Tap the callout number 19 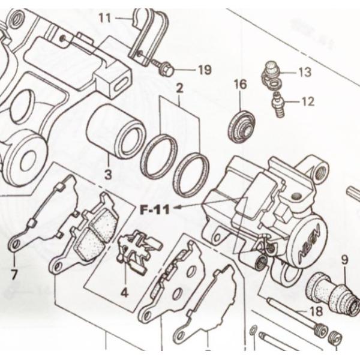pyautogui.click(x=204, y=71)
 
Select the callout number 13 pyautogui.click(x=304, y=74)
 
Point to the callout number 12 pyautogui.click(x=307, y=102)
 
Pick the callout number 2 pyautogui.click(x=179, y=89)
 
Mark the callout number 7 pyautogui.click(x=14, y=275)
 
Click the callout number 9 pyautogui.click(x=344, y=260)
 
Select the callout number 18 pyautogui.click(x=316, y=311)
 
